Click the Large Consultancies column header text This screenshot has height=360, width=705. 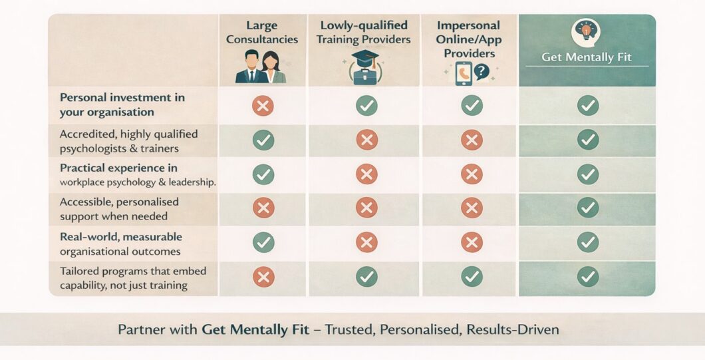[x=262, y=33]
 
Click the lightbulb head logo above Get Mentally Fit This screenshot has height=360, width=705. [x=586, y=31]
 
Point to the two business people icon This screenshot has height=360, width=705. [x=261, y=67]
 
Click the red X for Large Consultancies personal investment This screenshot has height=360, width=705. [x=263, y=105]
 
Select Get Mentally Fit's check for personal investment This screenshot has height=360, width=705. [x=587, y=105]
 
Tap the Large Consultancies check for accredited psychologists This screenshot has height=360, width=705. [x=263, y=140]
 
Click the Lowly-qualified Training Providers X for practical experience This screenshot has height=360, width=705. [x=366, y=174]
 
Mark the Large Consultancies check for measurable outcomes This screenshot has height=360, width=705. [x=263, y=242]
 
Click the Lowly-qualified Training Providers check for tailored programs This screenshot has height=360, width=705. [x=366, y=276]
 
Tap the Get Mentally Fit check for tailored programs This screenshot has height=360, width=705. [x=587, y=276]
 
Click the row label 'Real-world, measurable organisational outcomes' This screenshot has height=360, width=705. [x=120, y=244]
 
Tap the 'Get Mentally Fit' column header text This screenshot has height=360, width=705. [x=586, y=57]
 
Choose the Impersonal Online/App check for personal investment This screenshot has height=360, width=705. [x=472, y=105]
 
